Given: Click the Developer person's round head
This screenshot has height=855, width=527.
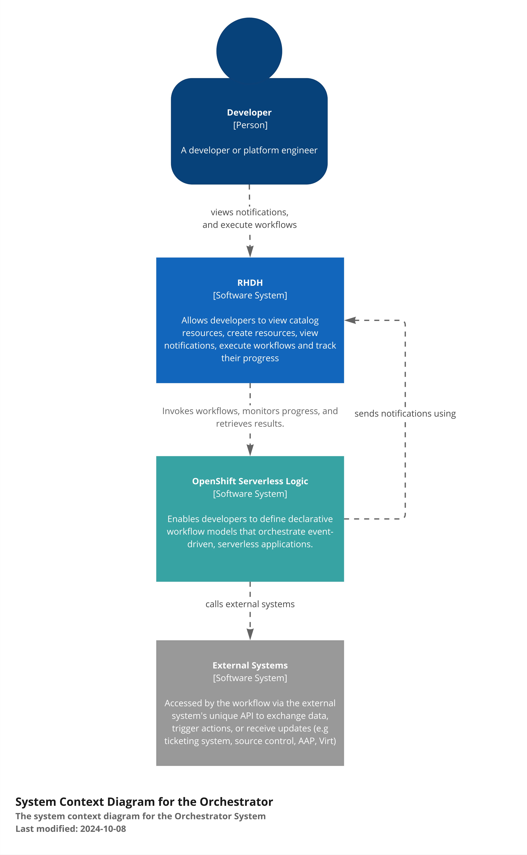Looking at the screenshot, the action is [x=249, y=49].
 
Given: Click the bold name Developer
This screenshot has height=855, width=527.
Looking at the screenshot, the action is [x=249, y=112].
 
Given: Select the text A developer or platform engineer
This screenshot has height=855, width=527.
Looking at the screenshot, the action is [x=249, y=150].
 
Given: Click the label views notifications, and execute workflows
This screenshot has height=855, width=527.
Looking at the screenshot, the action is [x=249, y=218].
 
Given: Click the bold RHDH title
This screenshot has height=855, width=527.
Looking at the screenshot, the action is [x=250, y=283].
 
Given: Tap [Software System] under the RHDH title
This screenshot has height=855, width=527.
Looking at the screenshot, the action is [x=250, y=296].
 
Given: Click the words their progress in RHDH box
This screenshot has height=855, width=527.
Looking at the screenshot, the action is [x=250, y=358].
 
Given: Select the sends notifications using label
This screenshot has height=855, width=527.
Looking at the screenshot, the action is [x=405, y=414].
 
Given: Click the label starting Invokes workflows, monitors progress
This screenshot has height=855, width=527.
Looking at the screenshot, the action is [x=250, y=417].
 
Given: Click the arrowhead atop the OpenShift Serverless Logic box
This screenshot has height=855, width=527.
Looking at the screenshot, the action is [x=250, y=450].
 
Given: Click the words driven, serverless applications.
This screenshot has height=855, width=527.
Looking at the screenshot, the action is [x=250, y=544].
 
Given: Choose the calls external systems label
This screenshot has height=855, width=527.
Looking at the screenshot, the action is [x=250, y=604].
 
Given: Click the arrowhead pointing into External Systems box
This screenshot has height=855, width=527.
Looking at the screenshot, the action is [x=250, y=634].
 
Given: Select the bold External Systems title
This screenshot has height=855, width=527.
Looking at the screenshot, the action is [x=250, y=666].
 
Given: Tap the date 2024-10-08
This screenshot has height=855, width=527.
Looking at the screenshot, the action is [x=103, y=829].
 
